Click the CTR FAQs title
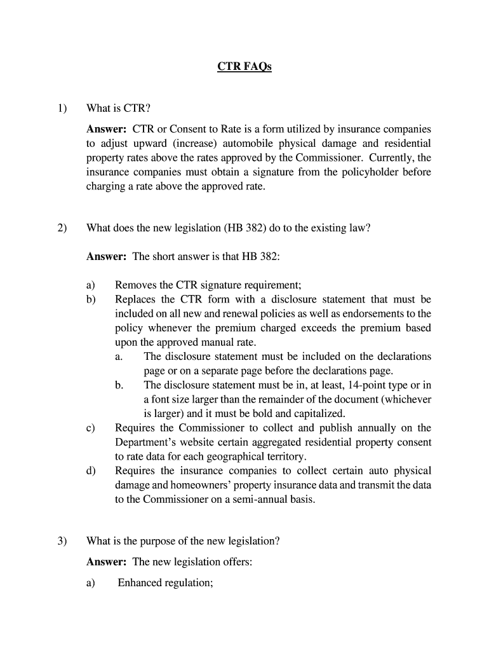244,67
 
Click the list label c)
91,428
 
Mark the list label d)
91,471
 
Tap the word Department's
147,442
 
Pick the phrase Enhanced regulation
165,582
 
